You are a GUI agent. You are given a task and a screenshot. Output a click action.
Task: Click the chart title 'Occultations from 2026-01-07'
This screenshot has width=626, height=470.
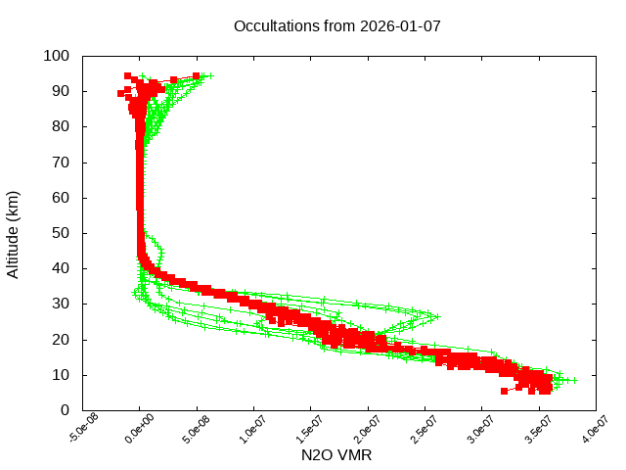[x=337, y=25]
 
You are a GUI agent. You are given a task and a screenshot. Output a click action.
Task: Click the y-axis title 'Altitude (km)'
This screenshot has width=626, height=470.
[x=14, y=233]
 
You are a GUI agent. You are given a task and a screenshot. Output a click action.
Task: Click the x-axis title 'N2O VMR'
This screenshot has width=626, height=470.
[x=337, y=454]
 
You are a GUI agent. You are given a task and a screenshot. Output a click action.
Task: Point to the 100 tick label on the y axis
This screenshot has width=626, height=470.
[x=56, y=56]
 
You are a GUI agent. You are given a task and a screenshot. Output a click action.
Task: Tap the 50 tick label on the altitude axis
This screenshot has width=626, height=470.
[x=60, y=233]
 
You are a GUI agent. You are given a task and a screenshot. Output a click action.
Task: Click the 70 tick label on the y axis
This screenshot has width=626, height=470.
[x=60, y=162]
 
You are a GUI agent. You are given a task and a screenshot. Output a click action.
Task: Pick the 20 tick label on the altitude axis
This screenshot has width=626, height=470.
[x=60, y=339]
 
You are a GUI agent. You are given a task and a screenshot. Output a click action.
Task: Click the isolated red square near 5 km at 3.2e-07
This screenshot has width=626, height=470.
[x=505, y=391]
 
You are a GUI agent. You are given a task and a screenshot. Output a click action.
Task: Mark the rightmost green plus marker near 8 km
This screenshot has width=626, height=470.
[x=575, y=380]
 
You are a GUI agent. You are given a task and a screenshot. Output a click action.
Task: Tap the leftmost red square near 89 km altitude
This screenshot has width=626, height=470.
[x=121, y=94]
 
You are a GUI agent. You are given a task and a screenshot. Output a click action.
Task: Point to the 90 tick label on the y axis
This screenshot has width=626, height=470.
[x=60, y=91]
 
